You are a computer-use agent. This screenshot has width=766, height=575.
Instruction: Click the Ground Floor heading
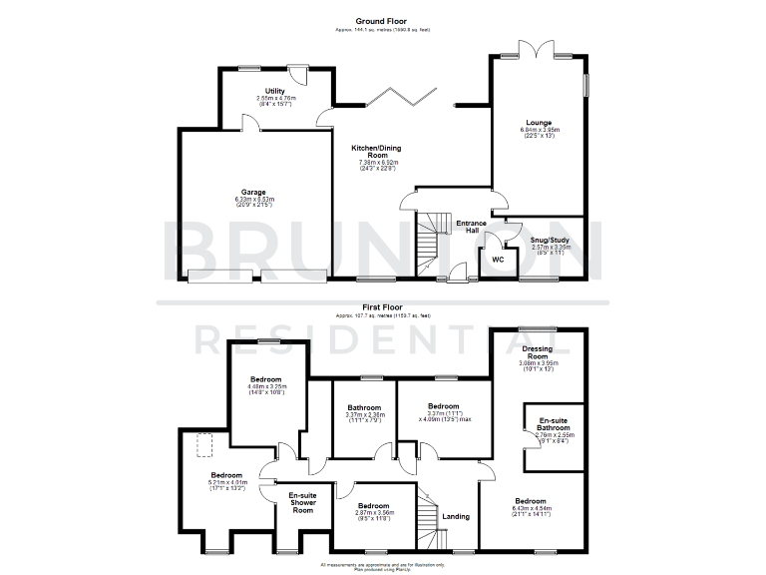pos(383,20)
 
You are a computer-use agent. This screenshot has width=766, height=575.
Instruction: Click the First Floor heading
pos(383,307)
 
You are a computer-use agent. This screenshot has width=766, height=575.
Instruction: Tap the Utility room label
pos(261,91)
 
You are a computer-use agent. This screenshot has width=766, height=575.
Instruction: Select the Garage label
pos(251,192)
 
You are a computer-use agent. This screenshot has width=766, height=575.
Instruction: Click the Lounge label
pos(540,123)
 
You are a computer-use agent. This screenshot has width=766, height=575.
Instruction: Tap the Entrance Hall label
pos(471,227)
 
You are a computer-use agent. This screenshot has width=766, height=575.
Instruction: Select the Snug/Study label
pos(549,240)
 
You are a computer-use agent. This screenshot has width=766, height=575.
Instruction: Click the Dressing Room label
pos(537,352)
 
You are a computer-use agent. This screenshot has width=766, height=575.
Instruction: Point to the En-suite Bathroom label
pos(555,424)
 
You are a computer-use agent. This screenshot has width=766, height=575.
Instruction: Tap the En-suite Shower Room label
pos(302,502)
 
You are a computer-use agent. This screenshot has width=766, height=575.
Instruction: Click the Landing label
pos(456,516)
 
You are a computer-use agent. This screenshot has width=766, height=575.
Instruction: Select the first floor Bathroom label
pos(364,407)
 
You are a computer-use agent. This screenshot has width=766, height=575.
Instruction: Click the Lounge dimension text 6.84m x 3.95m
pos(540,130)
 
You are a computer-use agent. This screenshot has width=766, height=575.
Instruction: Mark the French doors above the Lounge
pos(539,51)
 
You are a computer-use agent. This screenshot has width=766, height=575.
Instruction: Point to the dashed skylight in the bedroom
pos(206,445)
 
